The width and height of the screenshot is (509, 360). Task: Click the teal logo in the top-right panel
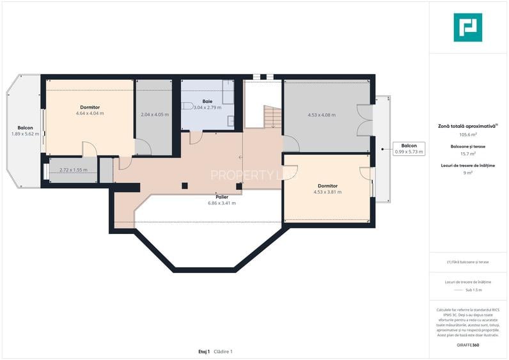pyautogui.click(x=467, y=27)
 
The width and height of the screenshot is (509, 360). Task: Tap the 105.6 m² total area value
pyautogui.click(x=468, y=135)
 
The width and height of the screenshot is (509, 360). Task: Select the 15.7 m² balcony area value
pyautogui.click(x=468, y=153)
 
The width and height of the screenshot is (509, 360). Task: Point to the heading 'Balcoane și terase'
pyautogui.click(x=468, y=146)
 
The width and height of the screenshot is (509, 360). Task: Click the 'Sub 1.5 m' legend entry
pyautogui.click(x=468, y=290)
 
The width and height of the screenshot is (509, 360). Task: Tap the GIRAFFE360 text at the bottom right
pyautogui.click(x=468, y=345)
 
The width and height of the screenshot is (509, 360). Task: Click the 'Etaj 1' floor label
pyautogui.click(x=204, y=352)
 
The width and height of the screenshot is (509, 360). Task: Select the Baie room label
pyautogui.click(x=207, y=101)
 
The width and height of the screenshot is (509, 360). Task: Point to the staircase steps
pyautogui.click(x=273, y=117)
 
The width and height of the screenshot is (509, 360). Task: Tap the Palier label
pyautogui.click(x=222, y=197)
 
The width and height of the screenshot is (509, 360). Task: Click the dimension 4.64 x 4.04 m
pyautogui.click(x=90, y=113)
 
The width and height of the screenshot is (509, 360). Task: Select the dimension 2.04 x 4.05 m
pyautogui.click(x=154, y=115)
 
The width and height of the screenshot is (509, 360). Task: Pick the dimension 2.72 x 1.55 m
pyautogui.click(x=73, y=171)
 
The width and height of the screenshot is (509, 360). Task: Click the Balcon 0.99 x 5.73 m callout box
pyautogui.click(x=409, y=148)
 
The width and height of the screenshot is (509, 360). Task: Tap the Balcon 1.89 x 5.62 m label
pyautogui.click(x=25, y=130)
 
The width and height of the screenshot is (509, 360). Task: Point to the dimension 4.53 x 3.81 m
pyautogui.click(x=327, y=192)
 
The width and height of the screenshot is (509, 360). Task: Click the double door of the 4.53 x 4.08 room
pyautogui.click(x=364, y=120)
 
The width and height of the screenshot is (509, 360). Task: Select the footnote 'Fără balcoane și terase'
pyautogui.click(x=468, y=262)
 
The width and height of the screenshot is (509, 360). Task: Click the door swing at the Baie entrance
pyautogui.click(x=196, y=137)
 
